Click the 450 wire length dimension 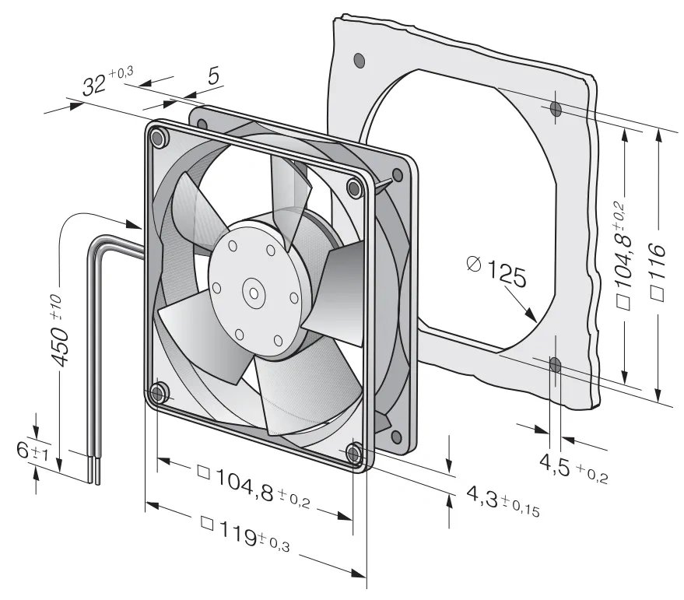click(59, 331)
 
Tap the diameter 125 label click(496, 272)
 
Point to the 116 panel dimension click(658, 271)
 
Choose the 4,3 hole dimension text click(503, 500)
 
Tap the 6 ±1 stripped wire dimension click(32, 451)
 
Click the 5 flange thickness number click(213, 76)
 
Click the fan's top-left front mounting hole click(157, 138)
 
